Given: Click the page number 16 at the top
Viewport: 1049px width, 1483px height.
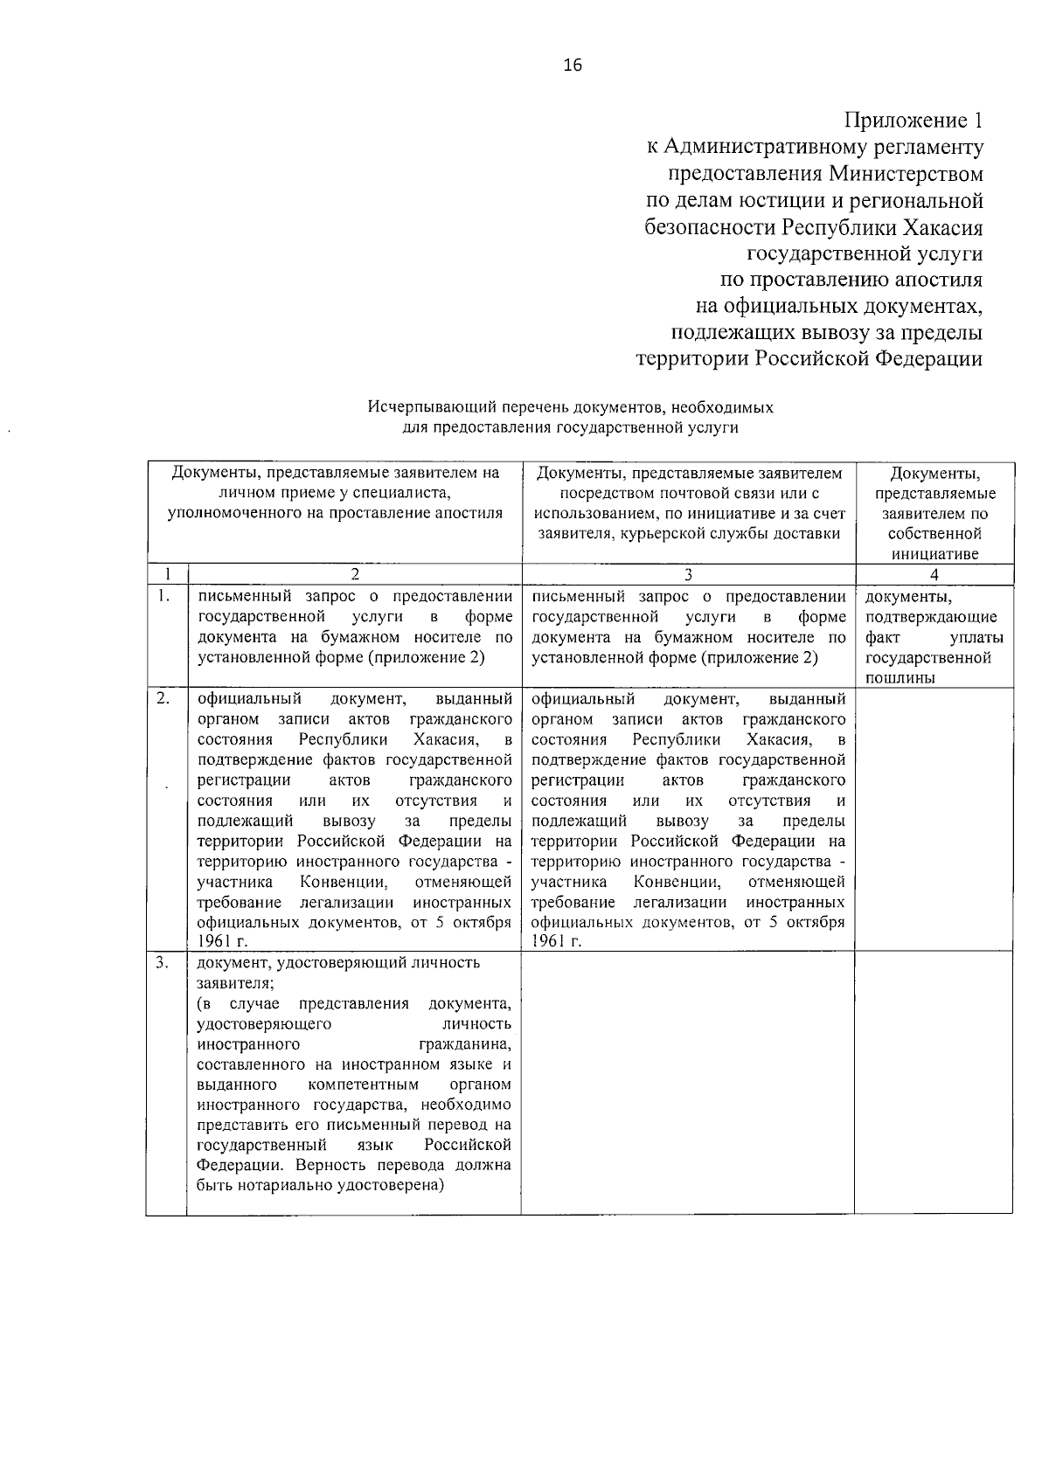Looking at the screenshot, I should [x=573, y=66].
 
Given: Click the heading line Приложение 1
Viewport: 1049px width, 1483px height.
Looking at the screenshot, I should [x=913, y=121].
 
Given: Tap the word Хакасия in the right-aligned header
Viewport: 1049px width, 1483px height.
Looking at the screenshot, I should [x=941, y=227].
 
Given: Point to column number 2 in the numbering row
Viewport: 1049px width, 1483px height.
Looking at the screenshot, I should [x=354, y=575].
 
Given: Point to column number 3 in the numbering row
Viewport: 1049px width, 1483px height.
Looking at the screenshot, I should [x=688, y=575].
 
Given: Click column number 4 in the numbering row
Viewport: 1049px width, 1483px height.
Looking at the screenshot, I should [x=934, y=575].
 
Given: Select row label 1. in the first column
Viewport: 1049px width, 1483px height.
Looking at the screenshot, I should [x=163, y=597].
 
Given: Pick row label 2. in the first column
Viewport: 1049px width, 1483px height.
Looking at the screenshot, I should [x=163, y=698].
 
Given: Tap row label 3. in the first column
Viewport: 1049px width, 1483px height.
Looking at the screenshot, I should [x=163, y=963].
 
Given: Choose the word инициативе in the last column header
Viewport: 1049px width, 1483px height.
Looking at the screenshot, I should [x=935, y=554].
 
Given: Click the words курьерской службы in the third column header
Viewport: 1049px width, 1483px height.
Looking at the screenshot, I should [x=693, y=534].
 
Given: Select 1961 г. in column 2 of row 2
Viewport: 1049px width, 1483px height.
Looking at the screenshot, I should [x=222, y=941].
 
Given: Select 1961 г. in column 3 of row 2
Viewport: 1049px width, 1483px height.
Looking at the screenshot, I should [x=556, y=941].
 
